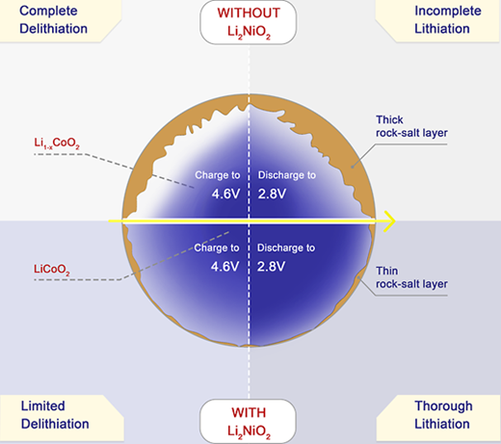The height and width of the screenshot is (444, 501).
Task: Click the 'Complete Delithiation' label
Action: (x=53, y=20)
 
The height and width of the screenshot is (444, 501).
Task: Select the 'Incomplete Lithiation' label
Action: (x=448, y=20)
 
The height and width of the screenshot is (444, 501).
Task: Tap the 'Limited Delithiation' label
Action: (x=55, y=415)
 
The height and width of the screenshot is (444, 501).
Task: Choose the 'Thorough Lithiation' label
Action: (x=443, y=415)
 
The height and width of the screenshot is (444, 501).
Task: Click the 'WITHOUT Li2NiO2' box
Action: (x=249, y=22)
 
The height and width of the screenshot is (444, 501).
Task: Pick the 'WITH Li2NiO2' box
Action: (x=249, y=421)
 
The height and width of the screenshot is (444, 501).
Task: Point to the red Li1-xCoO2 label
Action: (x=57, y=143)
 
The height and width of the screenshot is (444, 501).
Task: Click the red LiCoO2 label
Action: (x=52, y=270)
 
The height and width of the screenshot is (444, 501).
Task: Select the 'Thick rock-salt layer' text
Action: (x=411, y=126)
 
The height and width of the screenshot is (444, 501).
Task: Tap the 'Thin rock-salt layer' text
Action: (x=411, y=277)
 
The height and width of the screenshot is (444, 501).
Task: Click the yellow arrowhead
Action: (x=389, y=222)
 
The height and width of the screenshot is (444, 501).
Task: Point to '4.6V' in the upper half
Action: (x=225, y=194)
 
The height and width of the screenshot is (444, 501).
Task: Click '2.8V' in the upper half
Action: (x=272, y=194)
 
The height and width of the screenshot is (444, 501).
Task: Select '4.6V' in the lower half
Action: (x=224, y=267)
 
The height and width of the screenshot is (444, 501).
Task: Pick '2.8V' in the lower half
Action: (x=271, y=267)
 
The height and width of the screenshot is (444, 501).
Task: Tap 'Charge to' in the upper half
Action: (x=218, y=175)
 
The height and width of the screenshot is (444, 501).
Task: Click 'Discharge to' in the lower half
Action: (x=286, y=248)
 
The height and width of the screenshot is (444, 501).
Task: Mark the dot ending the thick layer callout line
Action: (x=353, y=167)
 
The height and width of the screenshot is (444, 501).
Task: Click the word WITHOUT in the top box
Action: (x=249, y=13)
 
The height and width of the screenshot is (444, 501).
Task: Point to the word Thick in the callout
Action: (x=389, y=119)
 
